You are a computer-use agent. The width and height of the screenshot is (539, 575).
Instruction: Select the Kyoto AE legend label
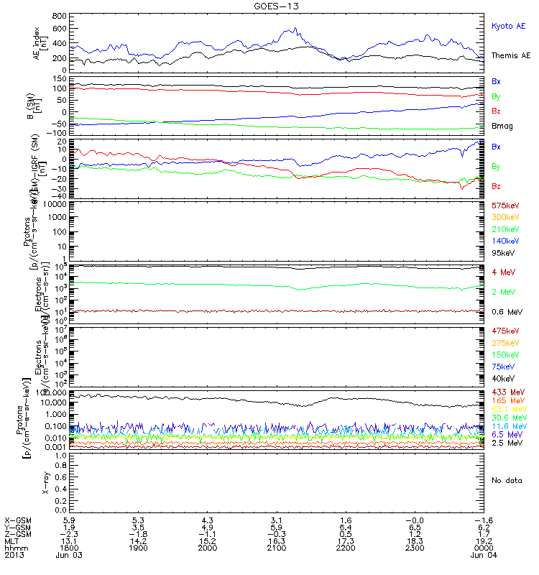[508, 26]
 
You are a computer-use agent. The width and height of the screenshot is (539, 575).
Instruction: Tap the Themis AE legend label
[510, 55]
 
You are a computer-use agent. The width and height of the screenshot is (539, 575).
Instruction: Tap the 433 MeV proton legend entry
[506, 392]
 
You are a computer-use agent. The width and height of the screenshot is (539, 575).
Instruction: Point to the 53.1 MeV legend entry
[506, 409]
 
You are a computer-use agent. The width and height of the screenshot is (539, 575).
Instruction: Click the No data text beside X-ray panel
[506, 479]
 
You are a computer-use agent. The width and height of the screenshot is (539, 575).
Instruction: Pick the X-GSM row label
[17, 518]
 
